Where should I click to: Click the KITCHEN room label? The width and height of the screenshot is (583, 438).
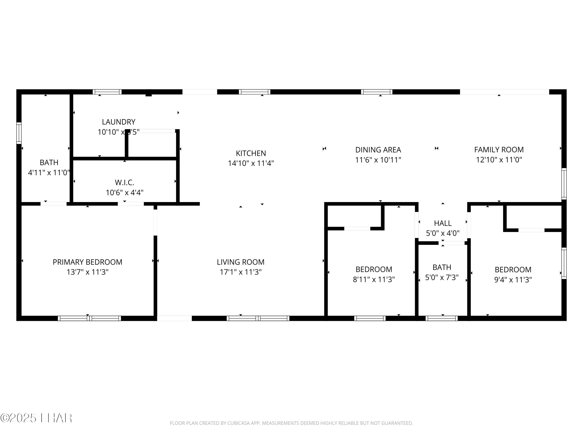tap(251, 153)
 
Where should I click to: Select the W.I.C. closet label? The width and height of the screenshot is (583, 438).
tap(124, 182)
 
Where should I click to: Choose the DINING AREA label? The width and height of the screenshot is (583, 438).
tap(378, 150)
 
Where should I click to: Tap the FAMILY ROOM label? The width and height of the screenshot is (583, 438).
tap(499, 150)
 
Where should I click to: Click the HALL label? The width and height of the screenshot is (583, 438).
tap(442, 223)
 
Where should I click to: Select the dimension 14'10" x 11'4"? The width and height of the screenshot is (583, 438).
tap(251, 163)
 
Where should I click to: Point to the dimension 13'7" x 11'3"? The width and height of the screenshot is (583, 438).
tap(87, 272)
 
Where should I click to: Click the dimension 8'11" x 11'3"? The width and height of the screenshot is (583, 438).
tap(374, 279)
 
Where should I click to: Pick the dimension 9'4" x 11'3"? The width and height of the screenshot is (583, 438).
tap(513, 280)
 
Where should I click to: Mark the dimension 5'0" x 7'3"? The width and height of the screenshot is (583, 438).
tap(442, 277)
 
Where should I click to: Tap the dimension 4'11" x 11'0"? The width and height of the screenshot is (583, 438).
tap(49, 172)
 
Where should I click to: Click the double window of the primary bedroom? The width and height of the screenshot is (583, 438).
tap(89, 318)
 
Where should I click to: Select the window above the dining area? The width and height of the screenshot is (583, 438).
tap(376, 92)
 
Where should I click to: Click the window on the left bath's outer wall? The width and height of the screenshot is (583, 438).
tap(19, 133)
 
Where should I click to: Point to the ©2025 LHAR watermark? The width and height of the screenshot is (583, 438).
tap(36, 418)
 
